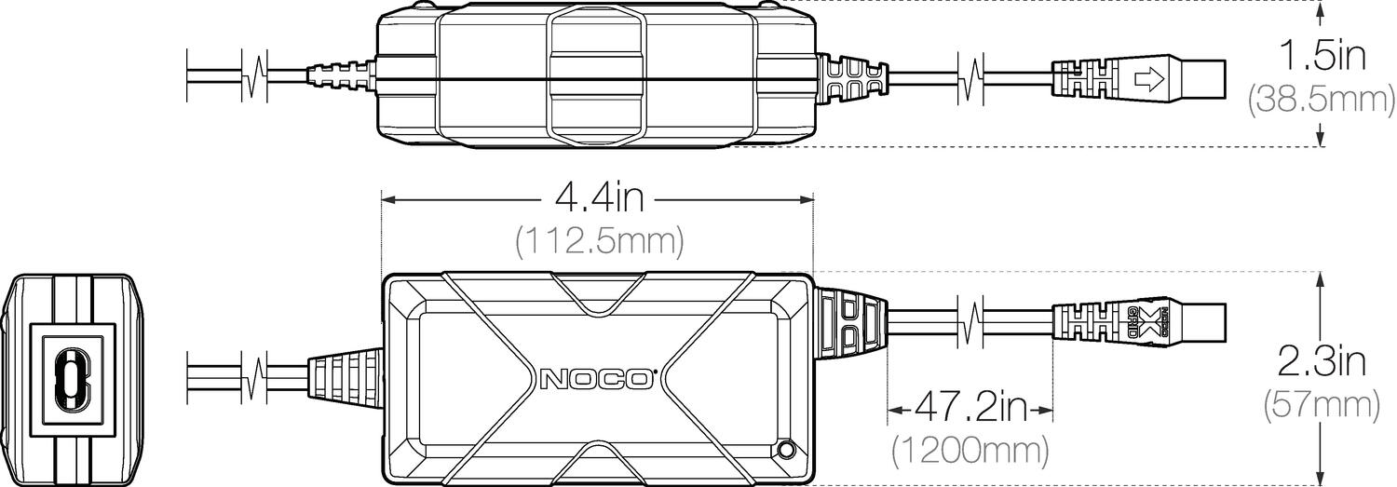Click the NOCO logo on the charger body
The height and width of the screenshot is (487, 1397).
[x=596, y=378]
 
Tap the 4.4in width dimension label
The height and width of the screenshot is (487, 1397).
[x=599, y=199]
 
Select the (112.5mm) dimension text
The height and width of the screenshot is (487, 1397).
[x=600, y=242]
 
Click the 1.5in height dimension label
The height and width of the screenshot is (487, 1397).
[x=1322, y=56]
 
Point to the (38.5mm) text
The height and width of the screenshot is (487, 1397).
[x=1321, y=100]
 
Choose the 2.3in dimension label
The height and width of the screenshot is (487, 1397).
[x=1322, y=362]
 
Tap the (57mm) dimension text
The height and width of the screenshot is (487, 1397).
[x=1322, y=406]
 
